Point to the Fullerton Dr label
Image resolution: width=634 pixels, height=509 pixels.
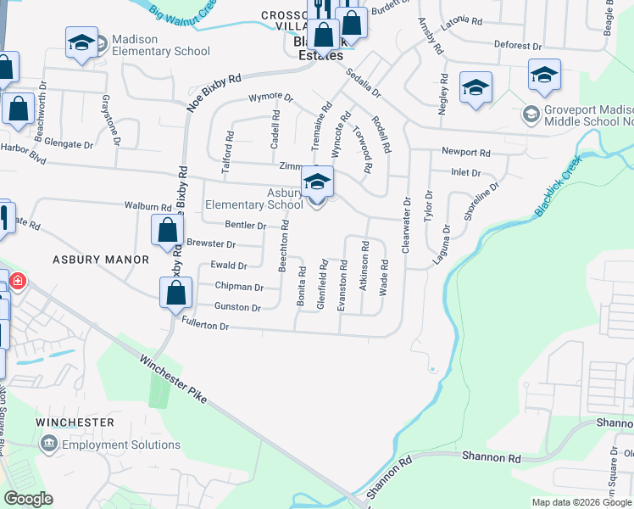click(206, 322)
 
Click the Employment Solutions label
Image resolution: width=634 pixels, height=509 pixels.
click(121, 445)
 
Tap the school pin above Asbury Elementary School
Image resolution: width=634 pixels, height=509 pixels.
click(318, 182)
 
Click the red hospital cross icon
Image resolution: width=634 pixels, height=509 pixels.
click(16, 281)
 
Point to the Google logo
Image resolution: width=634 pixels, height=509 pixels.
click(28, 500)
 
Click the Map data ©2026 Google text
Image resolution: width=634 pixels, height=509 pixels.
click(581, 502)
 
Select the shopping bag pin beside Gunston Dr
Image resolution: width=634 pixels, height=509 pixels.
click(175, 294)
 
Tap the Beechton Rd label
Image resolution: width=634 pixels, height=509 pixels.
click(285, 245)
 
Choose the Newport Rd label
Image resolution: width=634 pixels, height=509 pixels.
click(465, 153)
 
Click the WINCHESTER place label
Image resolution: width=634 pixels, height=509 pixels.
click(75, 422)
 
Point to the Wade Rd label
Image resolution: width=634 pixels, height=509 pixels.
click(384, 277)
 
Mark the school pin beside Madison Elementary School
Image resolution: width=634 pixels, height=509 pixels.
click(81, 43)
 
